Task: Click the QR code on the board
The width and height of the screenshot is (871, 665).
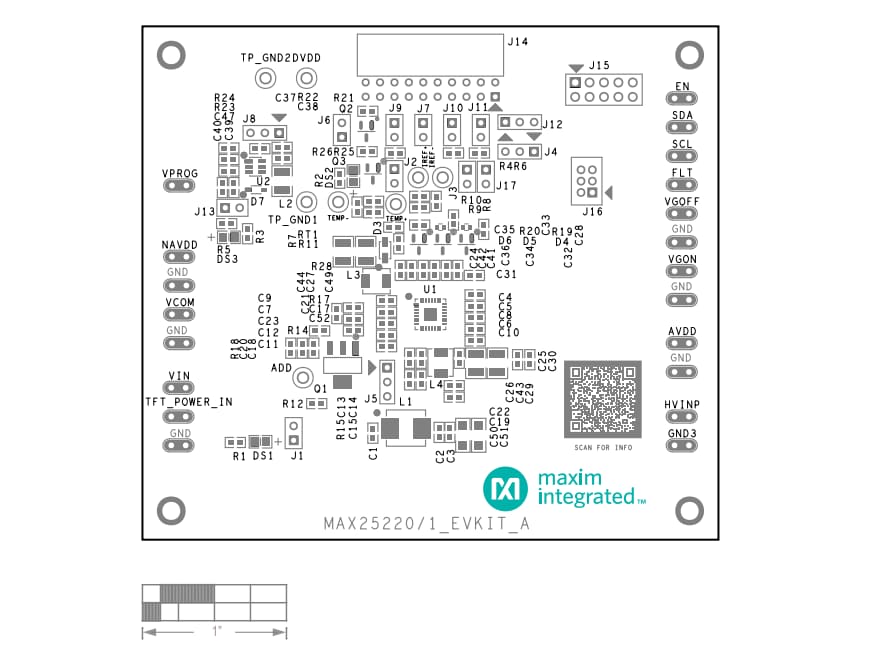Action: (603, 398)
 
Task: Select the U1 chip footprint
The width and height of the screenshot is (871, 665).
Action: (430, 315)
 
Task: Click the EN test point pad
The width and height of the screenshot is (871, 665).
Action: (683, 100)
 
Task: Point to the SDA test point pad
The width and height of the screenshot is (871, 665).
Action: (683, 129)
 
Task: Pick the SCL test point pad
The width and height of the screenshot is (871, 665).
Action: (683, 157)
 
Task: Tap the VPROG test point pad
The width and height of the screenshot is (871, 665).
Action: (180, 186)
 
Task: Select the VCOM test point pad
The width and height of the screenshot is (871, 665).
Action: (180, 315)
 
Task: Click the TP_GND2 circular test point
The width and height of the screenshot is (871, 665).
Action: (266, 78)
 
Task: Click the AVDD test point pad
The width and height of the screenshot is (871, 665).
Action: (683, 344)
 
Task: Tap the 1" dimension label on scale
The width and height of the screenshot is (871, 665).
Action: (216, 632)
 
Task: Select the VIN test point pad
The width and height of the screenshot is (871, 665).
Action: (180, 388)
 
